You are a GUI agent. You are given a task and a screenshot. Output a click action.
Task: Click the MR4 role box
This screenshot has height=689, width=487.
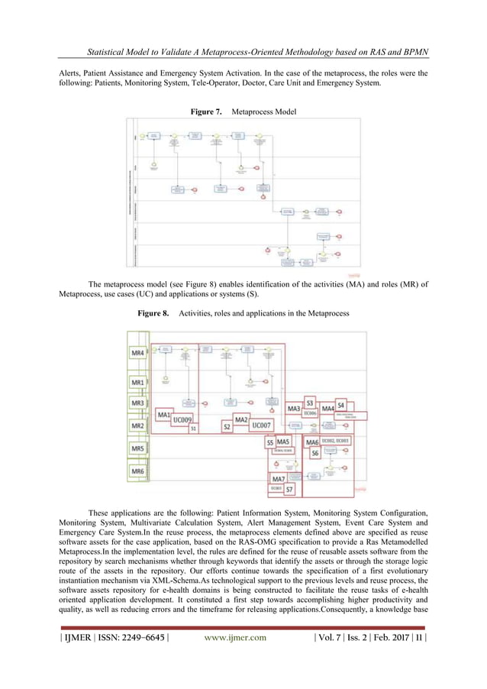pos(138,354)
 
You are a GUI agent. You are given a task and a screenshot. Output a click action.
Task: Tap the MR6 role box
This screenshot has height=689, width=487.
pos(138,471)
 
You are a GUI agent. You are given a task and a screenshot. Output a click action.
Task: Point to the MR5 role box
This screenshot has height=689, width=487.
pos(138,448)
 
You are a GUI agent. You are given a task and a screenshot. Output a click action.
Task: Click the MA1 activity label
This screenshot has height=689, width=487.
pos(163,414)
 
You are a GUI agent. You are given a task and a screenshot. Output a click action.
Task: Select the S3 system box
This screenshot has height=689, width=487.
pos(310,401)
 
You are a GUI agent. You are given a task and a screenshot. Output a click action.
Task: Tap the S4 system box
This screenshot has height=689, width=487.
pos(341,404)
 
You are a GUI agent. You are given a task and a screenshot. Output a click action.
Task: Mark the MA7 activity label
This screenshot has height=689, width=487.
pos(279,479)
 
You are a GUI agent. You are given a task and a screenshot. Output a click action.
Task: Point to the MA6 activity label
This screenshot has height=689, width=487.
pos(311,442)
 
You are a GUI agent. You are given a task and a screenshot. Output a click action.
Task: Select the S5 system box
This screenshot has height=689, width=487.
pos(269,442)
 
